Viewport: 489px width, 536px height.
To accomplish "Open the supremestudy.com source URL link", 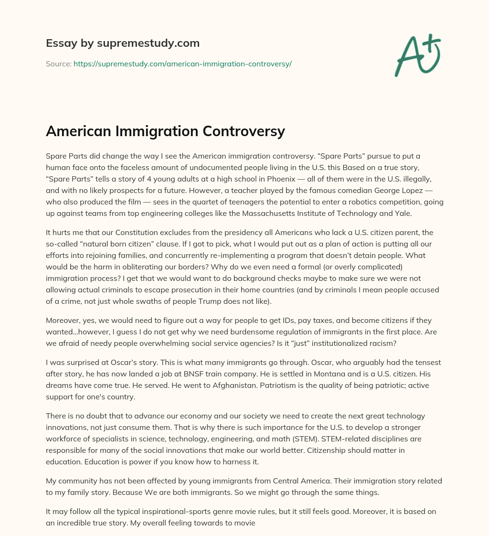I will (x=182, y=64).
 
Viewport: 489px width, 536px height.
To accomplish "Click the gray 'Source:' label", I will (x=58, y=64).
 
